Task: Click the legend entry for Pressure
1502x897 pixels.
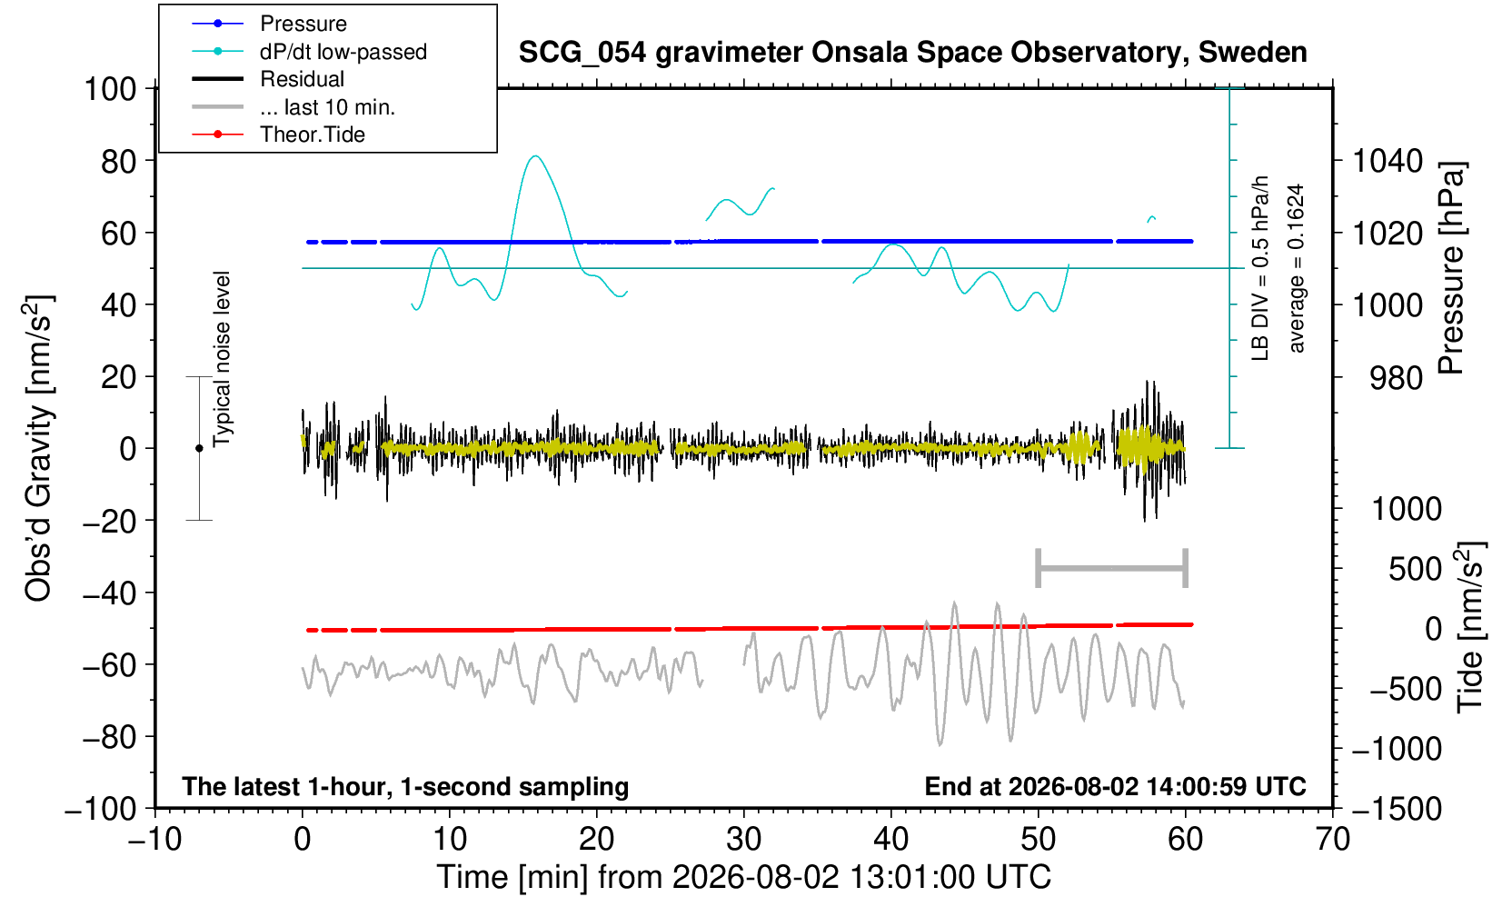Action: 303,24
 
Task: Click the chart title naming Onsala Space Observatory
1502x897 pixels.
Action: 912,53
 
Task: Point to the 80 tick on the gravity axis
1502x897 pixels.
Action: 119,161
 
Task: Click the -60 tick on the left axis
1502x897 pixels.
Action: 109,665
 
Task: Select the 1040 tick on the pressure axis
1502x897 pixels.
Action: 1387,161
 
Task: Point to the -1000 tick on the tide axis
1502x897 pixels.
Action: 1397,749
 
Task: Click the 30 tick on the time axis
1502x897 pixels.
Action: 743,840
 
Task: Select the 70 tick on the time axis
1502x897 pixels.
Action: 1332,840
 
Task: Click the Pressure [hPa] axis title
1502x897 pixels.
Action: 1452,268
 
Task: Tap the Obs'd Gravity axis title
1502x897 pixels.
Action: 38,448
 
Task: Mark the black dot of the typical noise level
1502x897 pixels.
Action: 199,448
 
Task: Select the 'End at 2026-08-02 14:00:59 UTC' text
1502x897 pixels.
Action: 1115,786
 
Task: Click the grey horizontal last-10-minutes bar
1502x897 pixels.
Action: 1112,568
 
